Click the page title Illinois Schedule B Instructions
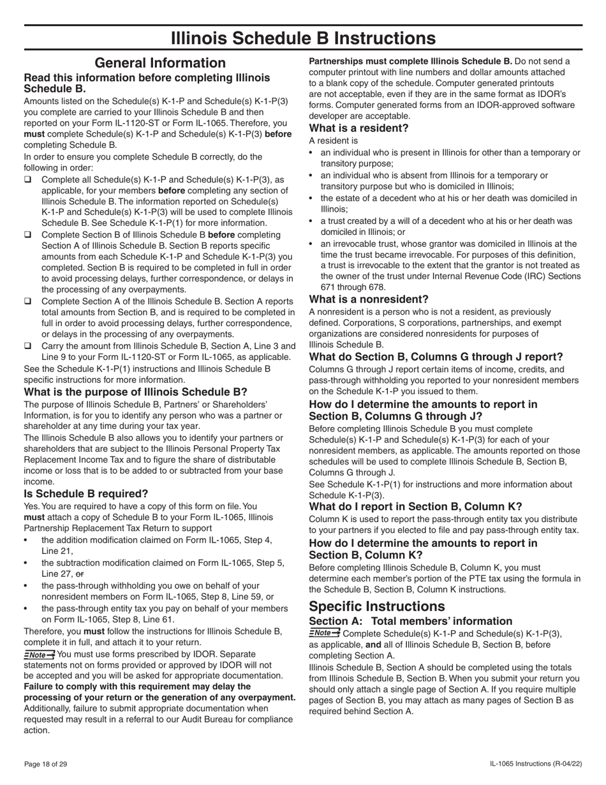303,38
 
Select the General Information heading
159,63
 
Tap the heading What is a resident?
358,128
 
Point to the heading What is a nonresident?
369,299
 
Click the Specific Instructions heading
377,606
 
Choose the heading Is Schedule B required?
86,493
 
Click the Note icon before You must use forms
39,654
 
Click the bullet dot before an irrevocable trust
311,244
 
